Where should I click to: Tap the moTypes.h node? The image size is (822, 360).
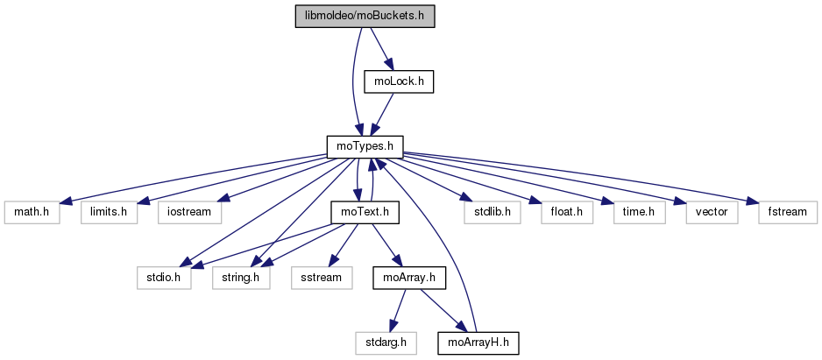click(x=364, y=146)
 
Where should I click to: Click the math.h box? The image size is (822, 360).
click(x=30, y=212)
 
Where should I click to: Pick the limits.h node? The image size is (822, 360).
click(x=110, y=212)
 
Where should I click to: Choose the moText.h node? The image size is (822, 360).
click(x=365, y=212)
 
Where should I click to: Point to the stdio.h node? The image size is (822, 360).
click(x=163, y=278)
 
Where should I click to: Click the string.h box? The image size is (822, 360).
click(x=241, y=278)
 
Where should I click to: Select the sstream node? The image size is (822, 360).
click(x=324, y=278)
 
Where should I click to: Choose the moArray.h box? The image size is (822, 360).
click(x=409, y=278)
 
